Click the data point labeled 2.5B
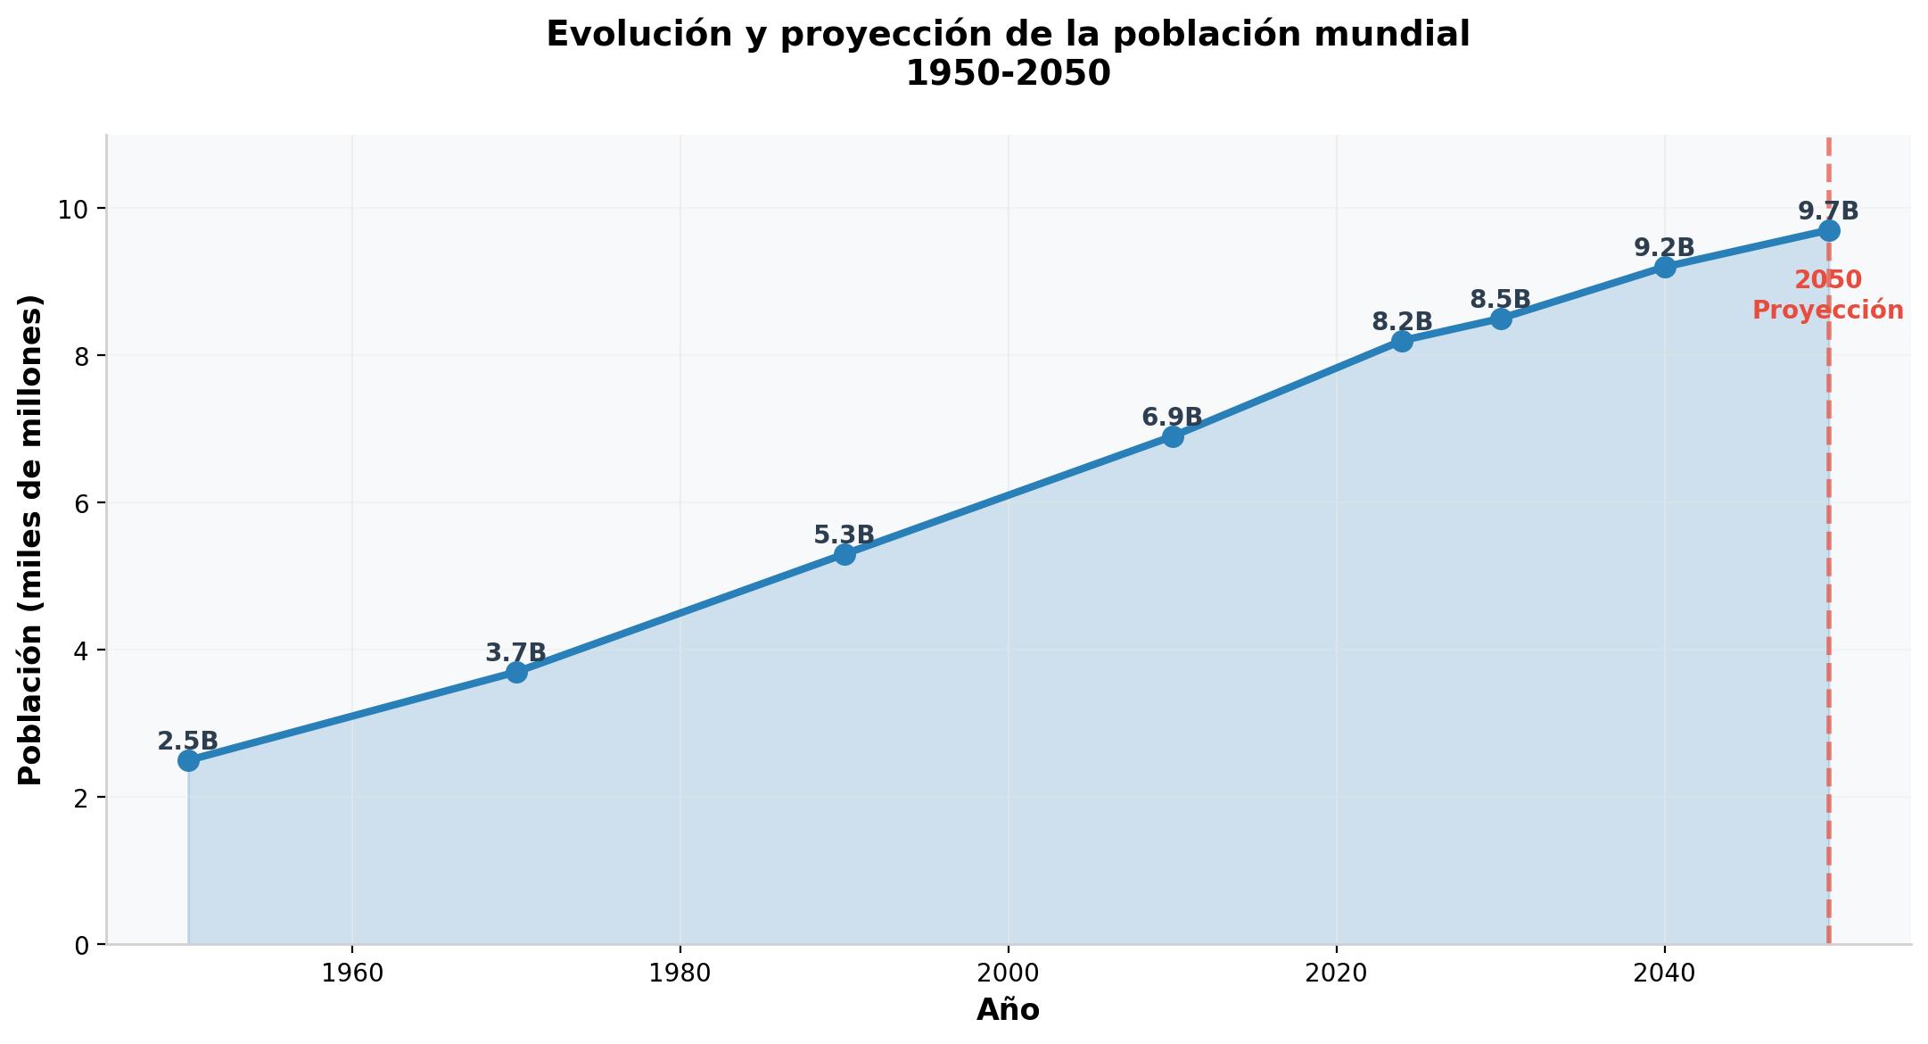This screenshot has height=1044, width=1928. click(188, 760)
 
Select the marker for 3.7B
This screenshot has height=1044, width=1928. click(516, 672)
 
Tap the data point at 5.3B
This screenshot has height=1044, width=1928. click(845, 554)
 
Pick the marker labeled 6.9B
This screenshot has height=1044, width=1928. click(1173, 436)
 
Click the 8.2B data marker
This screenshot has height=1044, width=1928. click(1402, 341)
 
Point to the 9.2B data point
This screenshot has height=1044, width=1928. click(1665, 267)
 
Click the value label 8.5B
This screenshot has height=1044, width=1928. click(1501, 300)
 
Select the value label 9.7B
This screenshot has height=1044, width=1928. click(1828, 211)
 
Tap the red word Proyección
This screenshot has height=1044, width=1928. click(1828, 311)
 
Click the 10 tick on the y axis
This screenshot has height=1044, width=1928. click(73, 209)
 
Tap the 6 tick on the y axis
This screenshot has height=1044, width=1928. click(82, 503)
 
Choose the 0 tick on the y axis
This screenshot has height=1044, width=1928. click(82, 945)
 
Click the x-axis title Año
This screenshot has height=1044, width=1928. click(1008, 1010)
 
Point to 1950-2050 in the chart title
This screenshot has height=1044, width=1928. click(1009, 73)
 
